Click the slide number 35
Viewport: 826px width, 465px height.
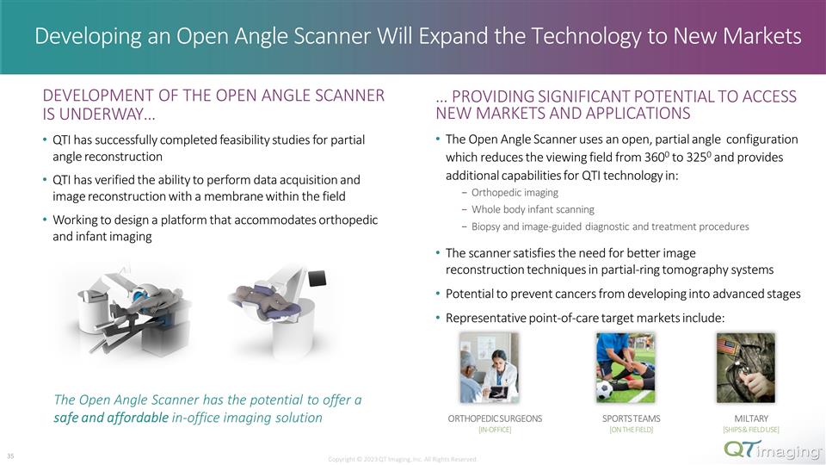click(x=9, y=456)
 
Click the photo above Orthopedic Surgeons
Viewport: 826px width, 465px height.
click(x=489, y=369)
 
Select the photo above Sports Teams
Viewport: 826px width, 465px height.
click(x=626, y=369)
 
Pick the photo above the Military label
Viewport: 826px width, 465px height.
click(x=745, y=369)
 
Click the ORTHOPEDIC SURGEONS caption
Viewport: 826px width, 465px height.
click(x=495, y=418)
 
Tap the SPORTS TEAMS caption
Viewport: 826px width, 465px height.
click(x=626, y=418)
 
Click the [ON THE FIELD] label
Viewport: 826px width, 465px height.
click(x=626, y=430)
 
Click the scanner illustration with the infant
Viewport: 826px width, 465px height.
click(x=278, y=304)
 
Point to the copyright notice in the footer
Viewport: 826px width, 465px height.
click(x=402, y=459)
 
